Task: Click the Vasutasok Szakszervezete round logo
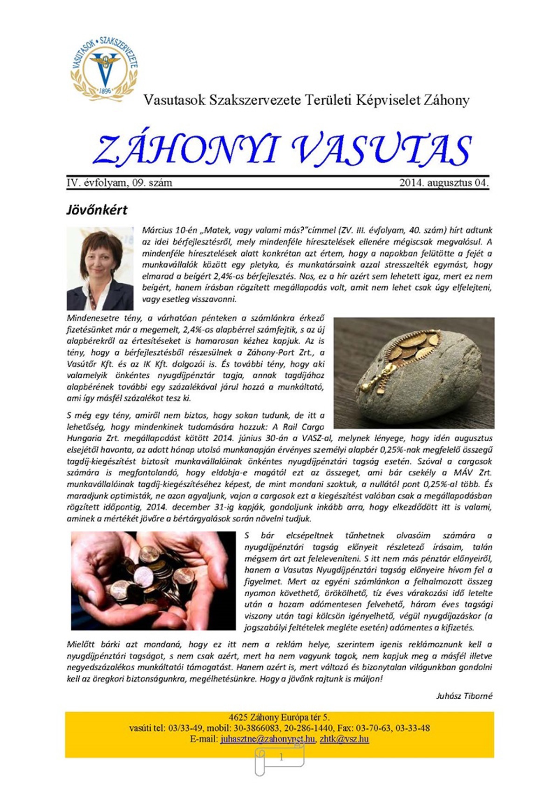(104, 66)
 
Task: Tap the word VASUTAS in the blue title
(381, 150)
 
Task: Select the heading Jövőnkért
(97, 210)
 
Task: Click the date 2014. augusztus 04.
(443, 183)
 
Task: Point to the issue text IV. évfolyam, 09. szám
(119, 183)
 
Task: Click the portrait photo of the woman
(100, 269)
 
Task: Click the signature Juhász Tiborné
(464, 696)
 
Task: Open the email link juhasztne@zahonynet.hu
(268, 739)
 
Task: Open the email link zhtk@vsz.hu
(344, 739)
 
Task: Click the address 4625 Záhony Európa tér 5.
(279, 717)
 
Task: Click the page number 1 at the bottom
(281, 757)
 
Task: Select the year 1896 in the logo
(105, 90)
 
